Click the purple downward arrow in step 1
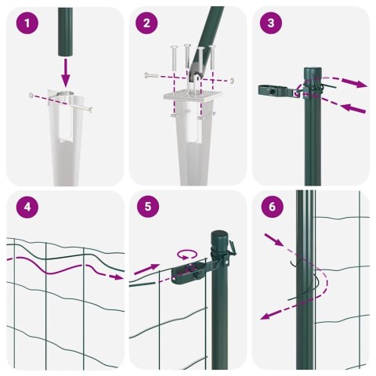click(x=65, y=75)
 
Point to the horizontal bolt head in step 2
click(x=146, y=74)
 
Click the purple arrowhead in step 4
click(x=117, y=277)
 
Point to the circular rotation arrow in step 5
click(x=186, y=254)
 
